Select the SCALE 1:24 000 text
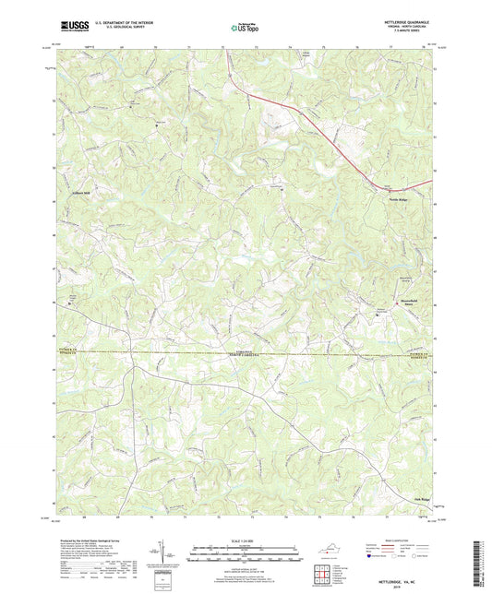(246, 540)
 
